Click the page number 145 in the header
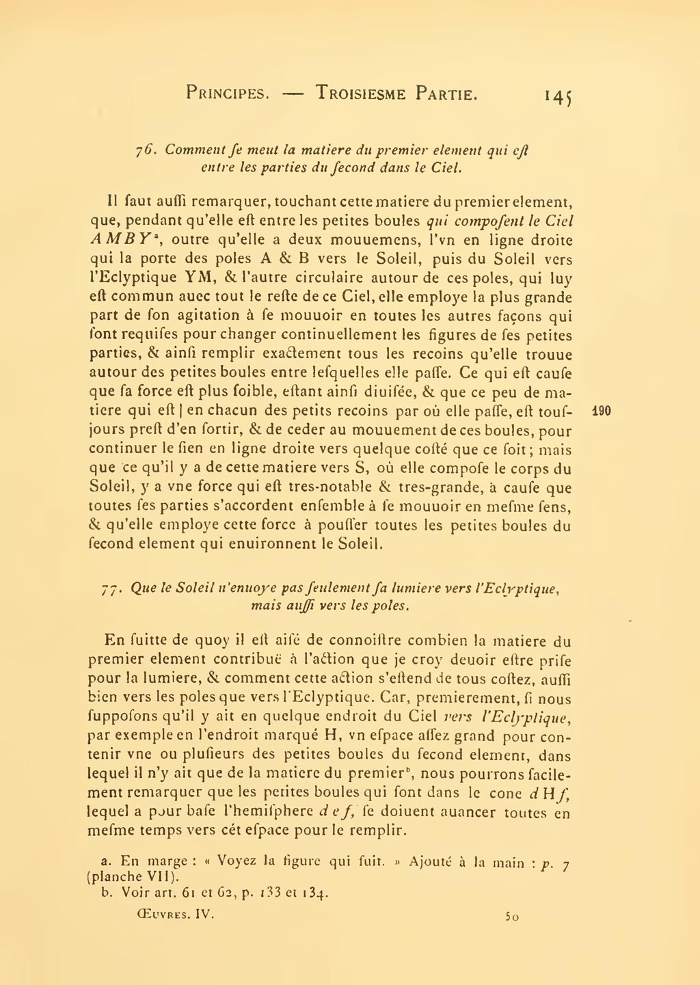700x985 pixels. click(x=558, y=95)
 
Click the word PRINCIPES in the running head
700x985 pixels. click(x=226, y=93)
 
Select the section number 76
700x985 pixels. click(x=146, y=150)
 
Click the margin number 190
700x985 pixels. click(x=602, y=412)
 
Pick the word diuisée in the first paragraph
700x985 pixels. click(x=370, y=393)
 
